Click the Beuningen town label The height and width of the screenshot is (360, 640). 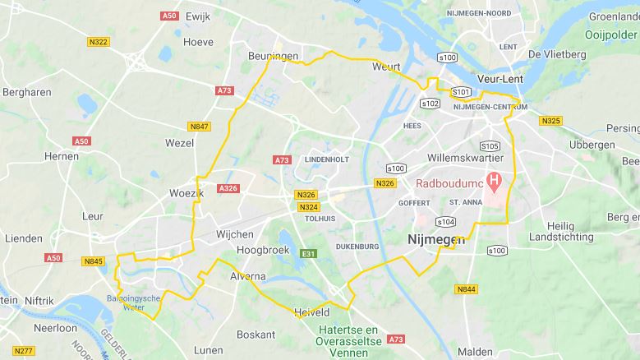pyautogui.click(x=274, y=56)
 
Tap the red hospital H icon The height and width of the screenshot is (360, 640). pyautogui.click(x=494, y=179)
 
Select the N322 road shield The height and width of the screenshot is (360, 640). pyautogui.click(x=98, y=42)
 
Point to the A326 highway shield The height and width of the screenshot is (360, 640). pyautogui.click(x=228, y=188)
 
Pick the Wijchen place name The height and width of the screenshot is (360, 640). pyautogui.click(x=235, y=234)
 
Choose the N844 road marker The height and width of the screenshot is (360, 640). pyautogui.click(x=466, y=288)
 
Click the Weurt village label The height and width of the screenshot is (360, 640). pyautogui.click(x=385, y=66)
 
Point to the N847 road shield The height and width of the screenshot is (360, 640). pyautogui.click(x=199, y=126)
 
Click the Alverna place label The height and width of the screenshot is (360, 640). pyautogui.click(x=248, y=276)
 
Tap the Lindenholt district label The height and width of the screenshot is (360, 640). pyautogui.click(x=327, y=159)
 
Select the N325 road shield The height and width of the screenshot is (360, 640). pyautogui.click(x=550, y=121)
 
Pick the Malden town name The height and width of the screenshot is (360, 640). pyautogui.click(x=475, y=351)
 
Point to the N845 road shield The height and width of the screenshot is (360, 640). pyautogui.click(x=93, y=261)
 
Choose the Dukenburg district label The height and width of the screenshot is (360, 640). pyautogui.click(x=357, y=246)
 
